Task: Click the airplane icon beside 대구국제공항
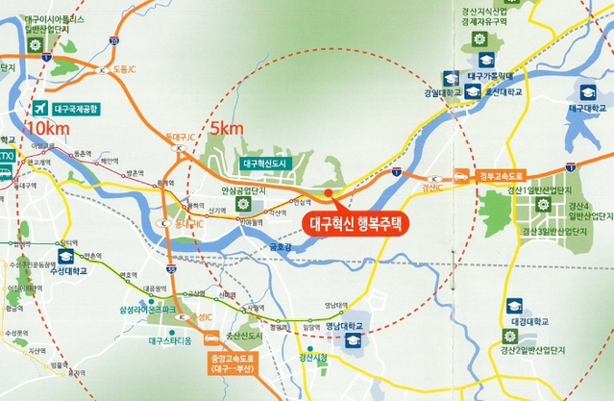pos(39,109)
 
